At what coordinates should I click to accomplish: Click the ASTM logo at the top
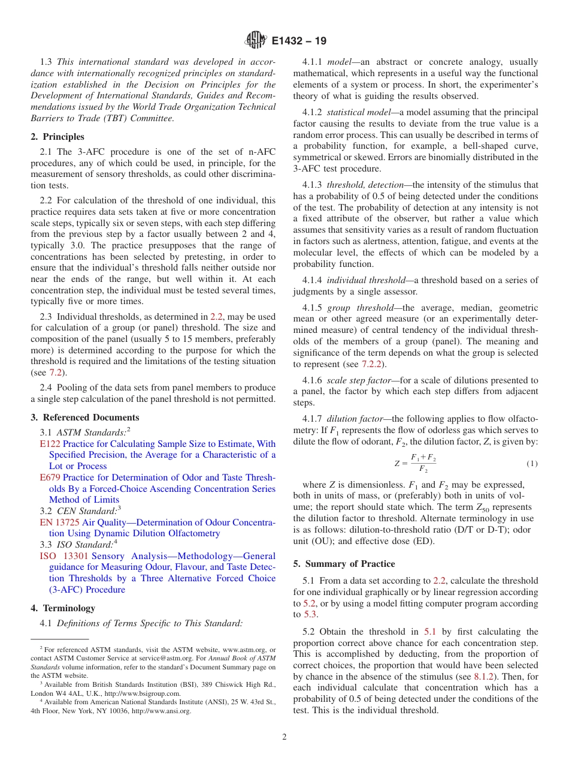pos(256,41)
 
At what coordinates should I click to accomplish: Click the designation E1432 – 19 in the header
pos(299,41)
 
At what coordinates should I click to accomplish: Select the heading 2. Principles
pos(57,137)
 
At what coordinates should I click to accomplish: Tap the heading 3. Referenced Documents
pos(85,417)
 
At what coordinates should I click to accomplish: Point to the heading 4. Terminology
pos(63,608)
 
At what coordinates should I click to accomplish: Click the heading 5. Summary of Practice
pos(344,564)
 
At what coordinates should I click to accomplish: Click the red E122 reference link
pos(50,444)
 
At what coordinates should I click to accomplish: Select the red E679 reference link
pos(50,477)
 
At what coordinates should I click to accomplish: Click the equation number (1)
pos(532,464)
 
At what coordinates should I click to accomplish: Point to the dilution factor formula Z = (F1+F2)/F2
pos(415,464)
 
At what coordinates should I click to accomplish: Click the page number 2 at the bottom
pos(284,737)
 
